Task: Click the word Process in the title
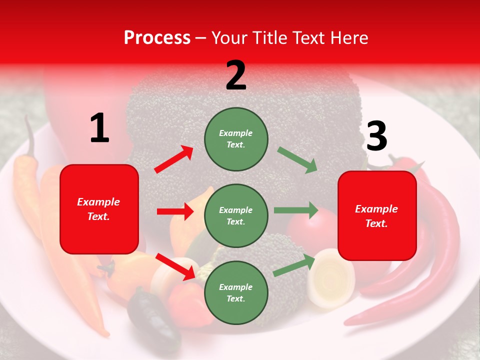click(157, 38)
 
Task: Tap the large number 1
click(99, 128)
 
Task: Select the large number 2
click(236, 75)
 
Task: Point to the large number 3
click(376, 136)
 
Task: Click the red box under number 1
click(99, 209)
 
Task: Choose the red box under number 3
click(377, 215)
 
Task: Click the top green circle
click(236, 138)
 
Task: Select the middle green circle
click(236, 215)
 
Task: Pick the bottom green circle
click(236, 292)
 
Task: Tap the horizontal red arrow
click(175, 211)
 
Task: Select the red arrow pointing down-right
click(175, 266)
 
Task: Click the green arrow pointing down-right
click(297, 159)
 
